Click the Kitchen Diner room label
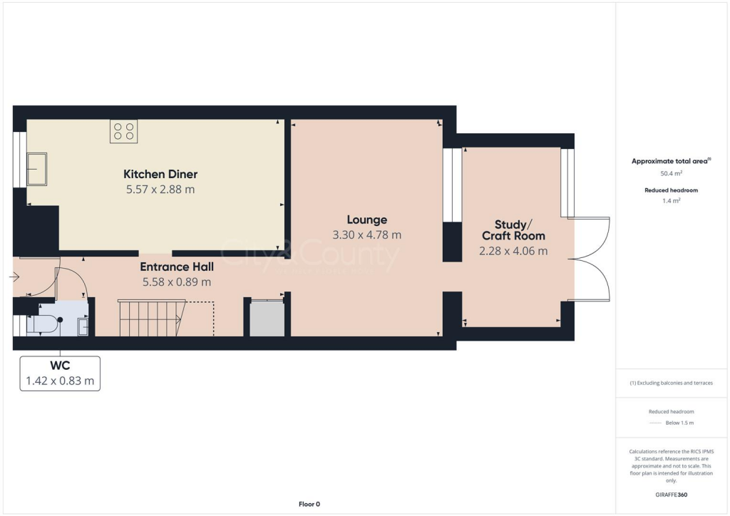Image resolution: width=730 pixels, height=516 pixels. click(160, 174)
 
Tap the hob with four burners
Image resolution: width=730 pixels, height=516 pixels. click(123, 131)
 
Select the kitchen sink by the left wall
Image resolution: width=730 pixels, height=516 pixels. click(36, 169)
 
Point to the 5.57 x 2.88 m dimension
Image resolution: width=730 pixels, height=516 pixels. click(160, 190)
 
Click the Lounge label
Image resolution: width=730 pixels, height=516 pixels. click(367, 220)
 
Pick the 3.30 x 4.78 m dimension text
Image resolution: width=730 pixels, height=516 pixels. click(367, 234)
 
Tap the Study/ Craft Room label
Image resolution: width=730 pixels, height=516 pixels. click(513, 229)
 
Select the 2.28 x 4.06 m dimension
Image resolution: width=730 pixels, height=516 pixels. click(513, 251)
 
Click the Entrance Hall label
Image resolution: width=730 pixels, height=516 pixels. click(177, 267)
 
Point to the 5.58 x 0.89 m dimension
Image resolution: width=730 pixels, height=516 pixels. click(177, 282)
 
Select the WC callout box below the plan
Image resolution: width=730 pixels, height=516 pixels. click(60, 373)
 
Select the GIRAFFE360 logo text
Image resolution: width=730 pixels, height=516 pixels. click(671, 495)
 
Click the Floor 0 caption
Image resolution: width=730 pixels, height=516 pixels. click(309, 505)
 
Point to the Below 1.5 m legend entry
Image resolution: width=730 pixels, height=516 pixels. click(679, 423)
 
